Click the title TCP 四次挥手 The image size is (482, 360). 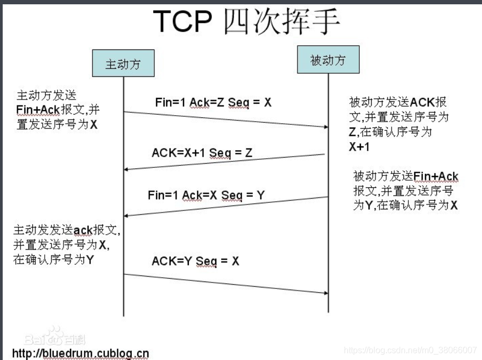pyautogui.click(x=247, y=22)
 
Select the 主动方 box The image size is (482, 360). pyautogui.click(x=123, y=64)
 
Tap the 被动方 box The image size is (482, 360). pyautogui.click(x=328, y=60)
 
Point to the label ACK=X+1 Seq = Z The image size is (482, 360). pyautogui.click(x=202, y=153)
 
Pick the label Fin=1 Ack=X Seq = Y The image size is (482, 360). pyautogui.click(x=206, y=195)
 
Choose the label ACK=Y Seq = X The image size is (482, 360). pyautogui.click(x=195, y=261)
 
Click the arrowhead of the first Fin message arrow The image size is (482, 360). pyautogui.click(x=325, y=127)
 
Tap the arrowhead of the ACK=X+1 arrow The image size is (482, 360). pyautogui.click(x=127, y=170)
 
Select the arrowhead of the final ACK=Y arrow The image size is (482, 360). pyautogui.click(x=325, y=293)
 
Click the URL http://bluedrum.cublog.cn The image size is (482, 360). pyautogui.click(x=80, y=354)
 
